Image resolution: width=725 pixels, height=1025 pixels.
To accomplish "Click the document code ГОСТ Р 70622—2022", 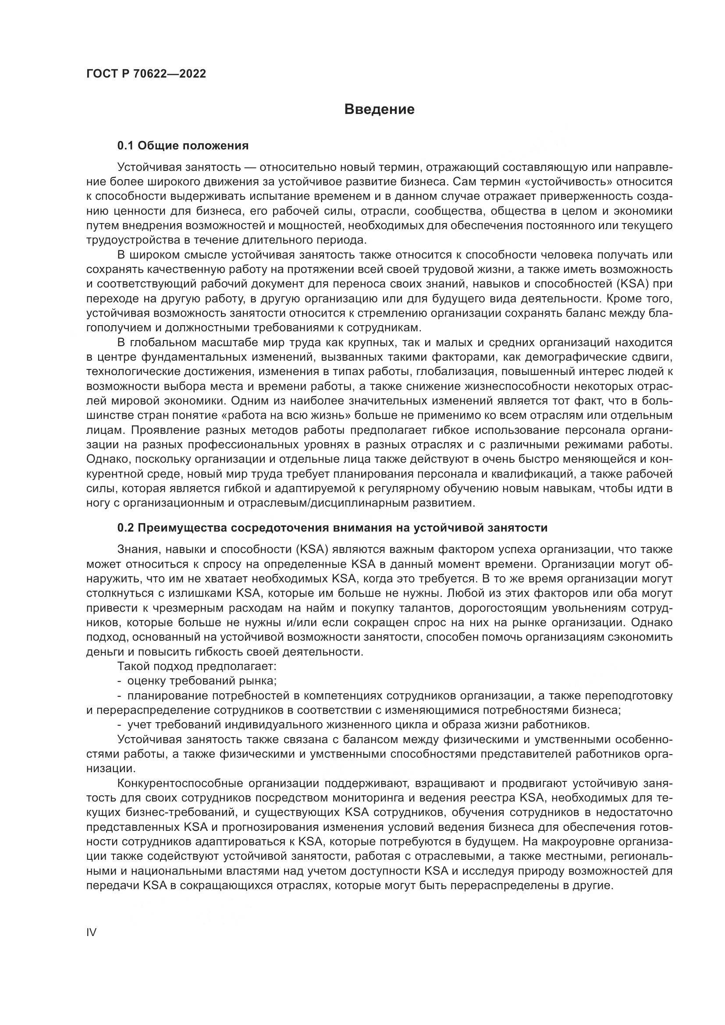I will click(x=146, y=74).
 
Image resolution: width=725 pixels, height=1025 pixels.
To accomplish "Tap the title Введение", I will click(x=380, y=110).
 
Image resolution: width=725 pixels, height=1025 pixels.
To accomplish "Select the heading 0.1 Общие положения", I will click(x=183, y=145).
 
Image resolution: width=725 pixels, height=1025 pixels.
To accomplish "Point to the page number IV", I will click(x=91, y=932).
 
